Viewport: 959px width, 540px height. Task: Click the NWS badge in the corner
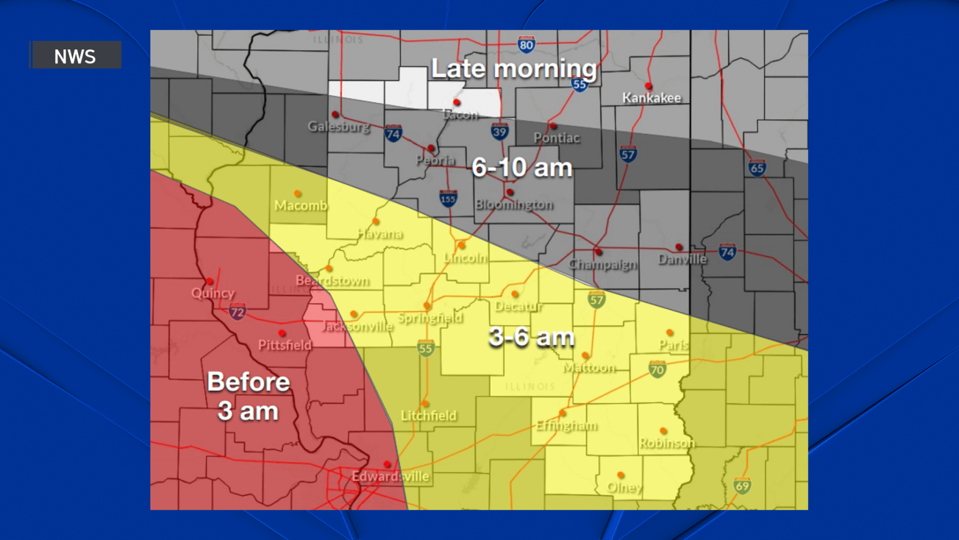76,55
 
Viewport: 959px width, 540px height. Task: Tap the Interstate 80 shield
526,44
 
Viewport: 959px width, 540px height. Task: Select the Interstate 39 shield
500,131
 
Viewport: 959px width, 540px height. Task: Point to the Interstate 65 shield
757,168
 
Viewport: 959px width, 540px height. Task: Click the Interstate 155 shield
448,199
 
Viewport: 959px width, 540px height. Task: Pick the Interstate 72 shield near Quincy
237,312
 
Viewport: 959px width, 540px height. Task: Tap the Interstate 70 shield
657,369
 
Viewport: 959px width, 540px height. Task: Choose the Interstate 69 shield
742,486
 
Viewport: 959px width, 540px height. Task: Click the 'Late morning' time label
514,68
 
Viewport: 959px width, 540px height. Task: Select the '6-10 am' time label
522,168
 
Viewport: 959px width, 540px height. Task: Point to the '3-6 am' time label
532,337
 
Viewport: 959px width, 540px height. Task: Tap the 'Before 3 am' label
248,396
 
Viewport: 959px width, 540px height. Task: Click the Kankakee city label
652,98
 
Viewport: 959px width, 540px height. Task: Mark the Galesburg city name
339,127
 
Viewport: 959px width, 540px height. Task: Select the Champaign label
603,265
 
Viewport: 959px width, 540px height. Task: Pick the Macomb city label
301,205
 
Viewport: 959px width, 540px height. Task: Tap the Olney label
625,488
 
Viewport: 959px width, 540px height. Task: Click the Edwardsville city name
390,476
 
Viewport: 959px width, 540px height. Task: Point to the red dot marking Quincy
209,281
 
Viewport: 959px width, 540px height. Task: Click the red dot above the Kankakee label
648,86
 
